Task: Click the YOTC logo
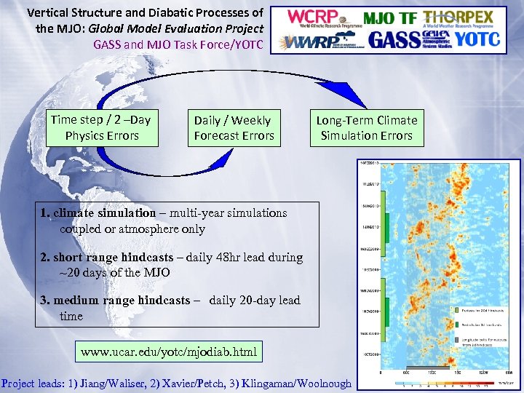click(477, 39)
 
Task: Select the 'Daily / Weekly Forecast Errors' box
click(233, 128)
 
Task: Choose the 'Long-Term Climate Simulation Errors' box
click(367, 128)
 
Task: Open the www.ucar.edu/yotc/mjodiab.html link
click(168, 352)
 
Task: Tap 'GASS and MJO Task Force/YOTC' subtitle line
click(178, 44)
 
